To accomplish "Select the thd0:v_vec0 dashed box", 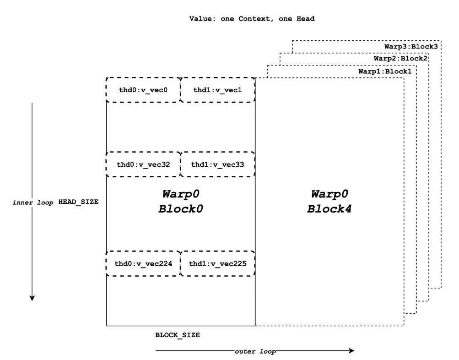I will coord(143,90).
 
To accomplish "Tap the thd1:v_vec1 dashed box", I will coord(217,90).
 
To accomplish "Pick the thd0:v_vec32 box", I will coord(143,164).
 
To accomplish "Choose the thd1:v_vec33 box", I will coord(217,164).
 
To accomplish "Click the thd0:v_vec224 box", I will coord(143,263).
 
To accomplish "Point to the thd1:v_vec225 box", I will coord(217,263).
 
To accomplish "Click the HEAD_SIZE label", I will coord(78,202).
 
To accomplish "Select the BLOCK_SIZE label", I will coord(178,335).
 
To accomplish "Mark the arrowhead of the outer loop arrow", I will coord(351,351).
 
